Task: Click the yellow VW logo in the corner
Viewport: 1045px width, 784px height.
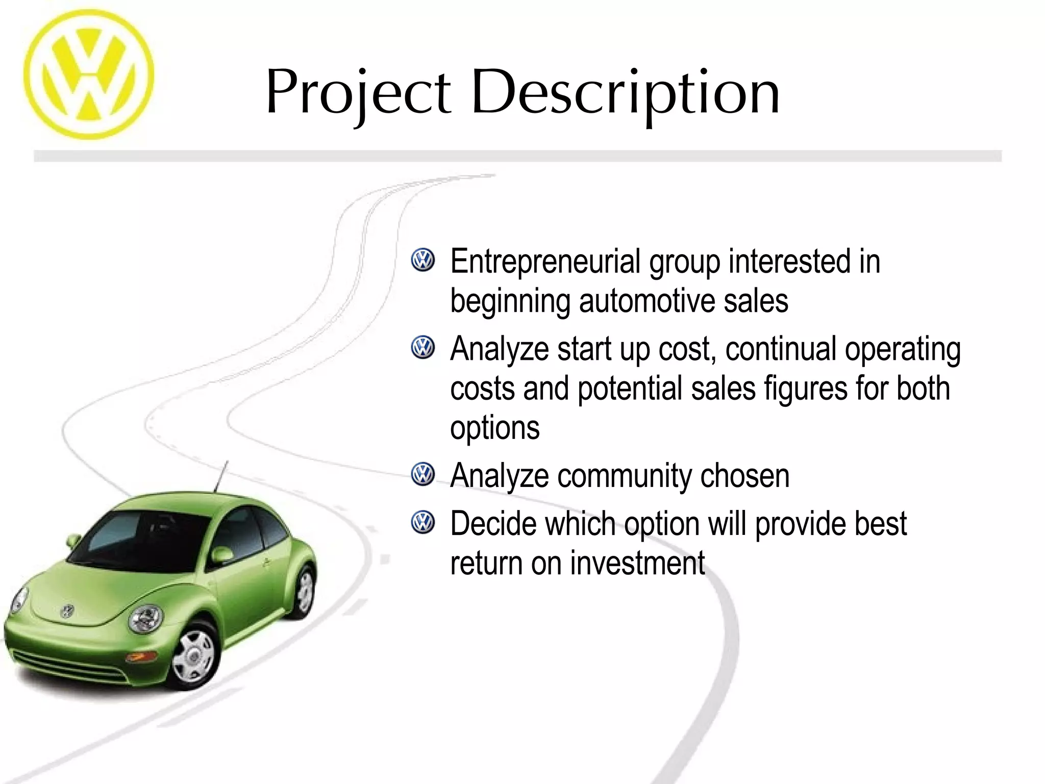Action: pyautogui.click(x=88, y=75)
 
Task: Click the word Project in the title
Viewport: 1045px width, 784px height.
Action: pyautogui.click(x=358, y=93)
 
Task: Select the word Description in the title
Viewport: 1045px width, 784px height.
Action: pyautogui.click(x=625, y=93)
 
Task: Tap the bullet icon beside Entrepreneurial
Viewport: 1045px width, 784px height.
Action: pyautogui.click(x=422, y=260)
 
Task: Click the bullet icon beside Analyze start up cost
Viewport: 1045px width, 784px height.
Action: pyautogui.click(x=422, y=348)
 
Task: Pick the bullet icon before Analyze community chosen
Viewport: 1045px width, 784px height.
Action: pyautogui.click(x=422, y=474)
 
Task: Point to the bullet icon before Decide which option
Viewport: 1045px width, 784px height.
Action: pyautogui.click(x=422, y=522)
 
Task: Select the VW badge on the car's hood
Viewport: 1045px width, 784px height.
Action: pyautogui.click(x=67, y=610)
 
